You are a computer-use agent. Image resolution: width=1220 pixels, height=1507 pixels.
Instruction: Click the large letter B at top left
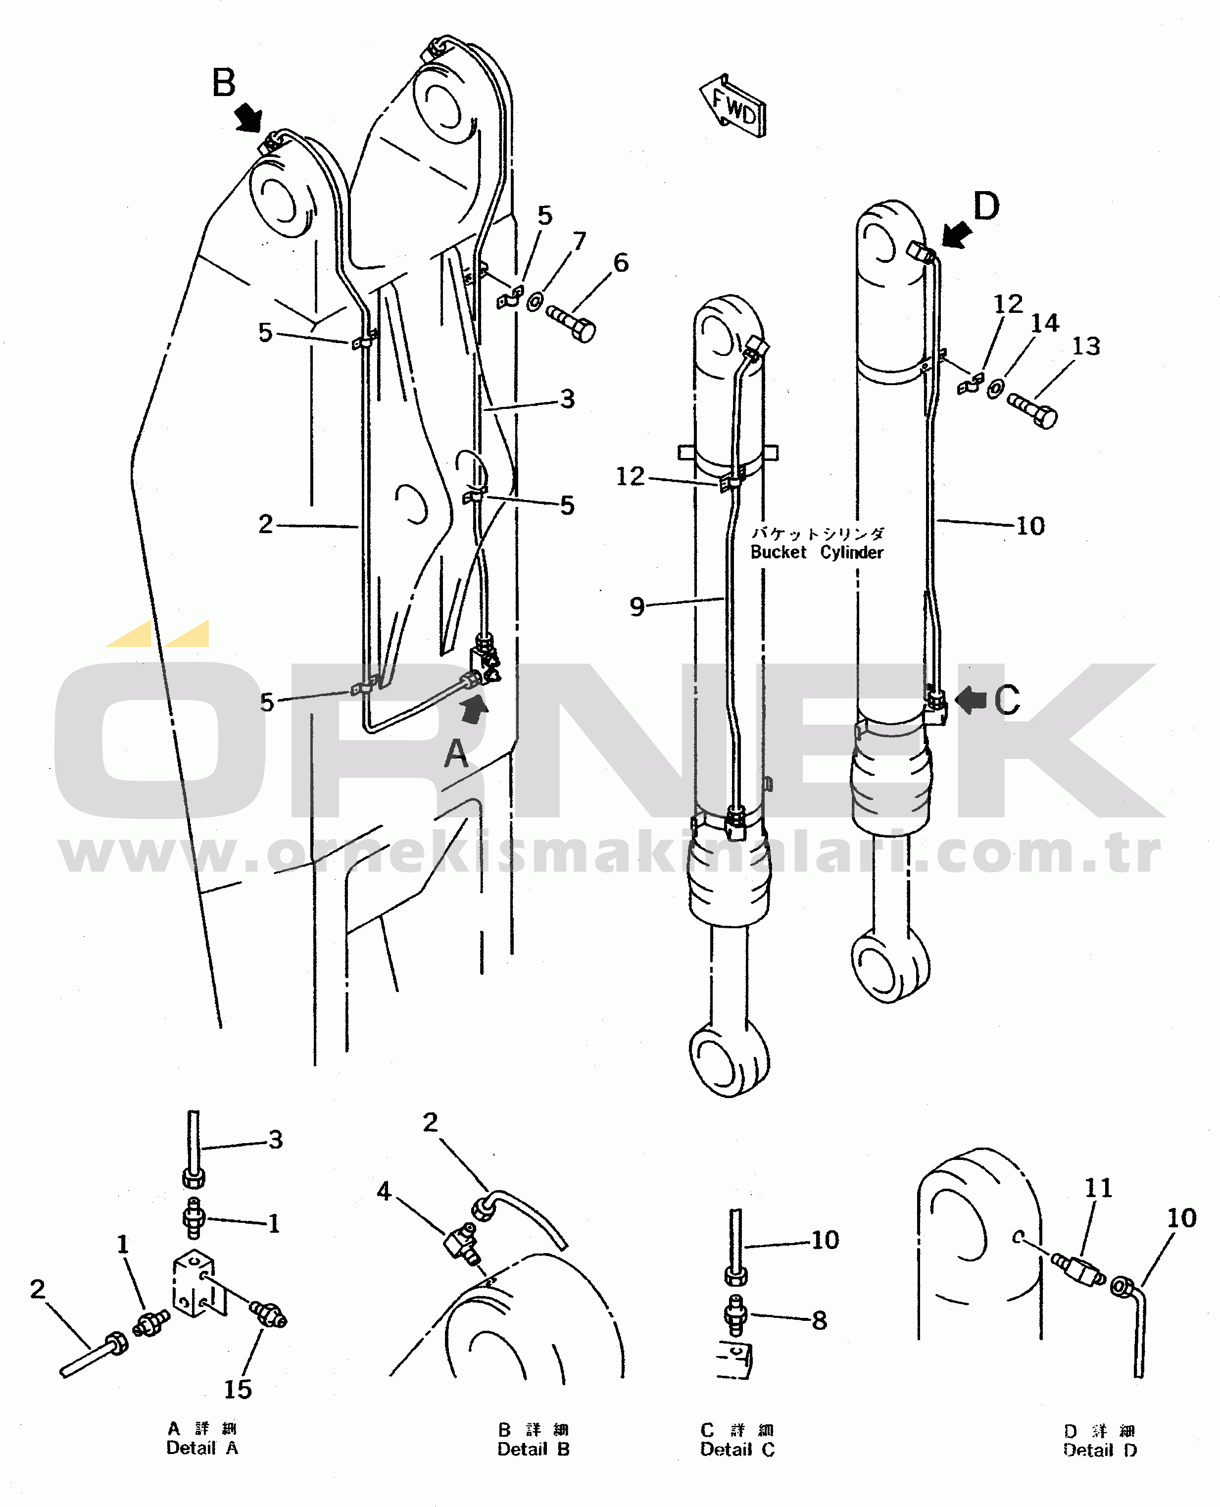tap(224, 84)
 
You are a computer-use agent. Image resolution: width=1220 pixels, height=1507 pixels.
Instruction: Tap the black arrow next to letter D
tap(957, 234)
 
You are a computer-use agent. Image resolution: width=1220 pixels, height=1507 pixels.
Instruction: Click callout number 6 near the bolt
tap(621, 263)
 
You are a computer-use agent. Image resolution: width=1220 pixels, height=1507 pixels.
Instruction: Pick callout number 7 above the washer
tap(579, 241)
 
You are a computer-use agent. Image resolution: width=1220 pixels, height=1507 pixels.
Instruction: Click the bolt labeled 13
tap(1032, 410)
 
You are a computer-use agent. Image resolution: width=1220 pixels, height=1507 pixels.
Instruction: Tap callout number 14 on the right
tap(1044, 323)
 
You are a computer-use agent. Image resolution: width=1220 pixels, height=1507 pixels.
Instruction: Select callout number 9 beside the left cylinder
tap(636, 606)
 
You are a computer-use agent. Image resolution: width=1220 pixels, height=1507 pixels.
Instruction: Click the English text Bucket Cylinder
tap(817, 553)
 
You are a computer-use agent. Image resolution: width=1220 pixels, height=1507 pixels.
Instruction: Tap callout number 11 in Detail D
tap(1098, 1188)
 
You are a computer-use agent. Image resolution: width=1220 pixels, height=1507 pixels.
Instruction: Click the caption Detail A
tap(202, 1448)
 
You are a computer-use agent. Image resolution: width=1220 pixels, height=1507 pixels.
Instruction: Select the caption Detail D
tap(1100, 1450)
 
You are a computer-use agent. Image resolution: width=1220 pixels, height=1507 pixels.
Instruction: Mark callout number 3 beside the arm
tap(568, 399)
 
